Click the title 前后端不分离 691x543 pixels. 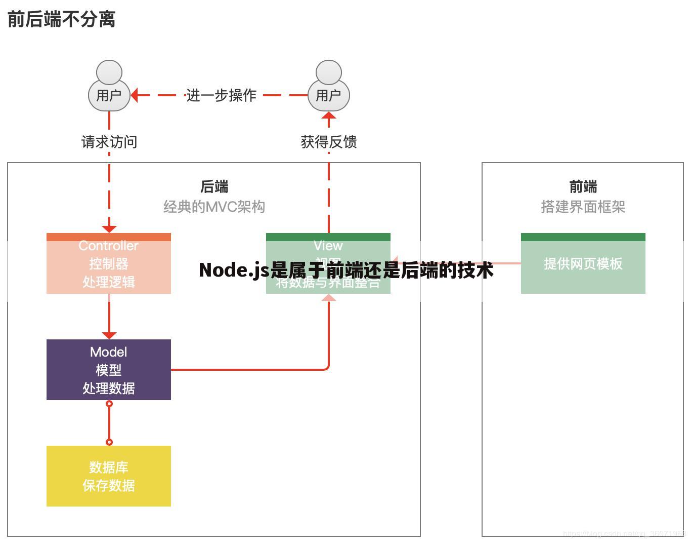tap(61, 19)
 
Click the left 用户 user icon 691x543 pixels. tap(109, 87)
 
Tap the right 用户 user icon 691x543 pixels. tap(328, 87)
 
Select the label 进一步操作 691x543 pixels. tap(221, 95)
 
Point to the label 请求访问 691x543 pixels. tap(109, 142)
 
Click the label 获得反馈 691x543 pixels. tap(328, 142)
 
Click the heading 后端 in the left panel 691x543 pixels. tap(214, 186)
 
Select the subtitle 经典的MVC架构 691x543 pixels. tap(214, 207)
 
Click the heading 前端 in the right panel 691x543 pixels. tap(583, 186)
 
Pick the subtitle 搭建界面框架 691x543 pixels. tap(583, 207)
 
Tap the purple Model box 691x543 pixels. tap(108, 370)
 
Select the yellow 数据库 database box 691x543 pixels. tap(108, 476)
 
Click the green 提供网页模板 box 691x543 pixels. tap(583, 263)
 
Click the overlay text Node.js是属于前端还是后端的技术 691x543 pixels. tap(346, 270)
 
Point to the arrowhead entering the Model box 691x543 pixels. tap(109, 335)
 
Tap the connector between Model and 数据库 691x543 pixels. tap(109, 423)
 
